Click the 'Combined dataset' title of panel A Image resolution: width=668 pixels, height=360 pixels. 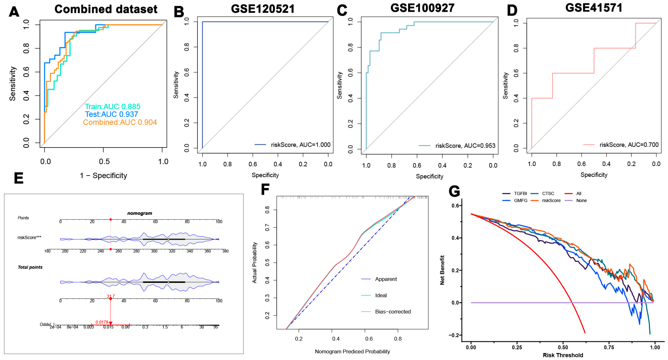(106, 9)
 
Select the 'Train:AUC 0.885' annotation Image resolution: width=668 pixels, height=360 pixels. (112, 107)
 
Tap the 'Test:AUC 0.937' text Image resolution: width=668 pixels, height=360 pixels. (111, 114)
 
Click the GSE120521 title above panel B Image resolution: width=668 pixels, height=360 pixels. (263, 9)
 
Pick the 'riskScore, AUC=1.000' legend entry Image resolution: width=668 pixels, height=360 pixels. (300, 145)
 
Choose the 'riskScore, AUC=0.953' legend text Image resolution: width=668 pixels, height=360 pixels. (465, 146)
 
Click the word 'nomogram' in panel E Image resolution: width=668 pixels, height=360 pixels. (139, 213)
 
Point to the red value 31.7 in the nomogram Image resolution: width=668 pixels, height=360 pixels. (111, 296)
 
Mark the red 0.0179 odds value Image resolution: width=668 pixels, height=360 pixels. (102, 322)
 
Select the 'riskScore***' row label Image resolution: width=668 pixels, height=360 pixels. (29, 237)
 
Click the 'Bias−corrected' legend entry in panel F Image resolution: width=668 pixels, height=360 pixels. (393, 311)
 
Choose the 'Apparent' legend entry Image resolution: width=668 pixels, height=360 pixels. (386, 279)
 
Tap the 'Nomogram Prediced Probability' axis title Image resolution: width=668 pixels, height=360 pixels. (352, 351)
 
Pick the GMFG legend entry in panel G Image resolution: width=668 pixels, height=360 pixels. (520, 201)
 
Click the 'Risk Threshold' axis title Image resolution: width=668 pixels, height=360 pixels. (563, 355)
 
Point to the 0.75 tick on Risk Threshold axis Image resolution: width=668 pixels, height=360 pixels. (609, 347)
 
